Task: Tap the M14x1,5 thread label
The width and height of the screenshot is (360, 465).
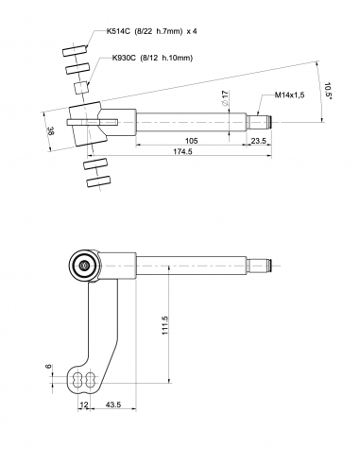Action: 289,95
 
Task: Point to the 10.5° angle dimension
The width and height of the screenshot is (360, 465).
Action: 328,91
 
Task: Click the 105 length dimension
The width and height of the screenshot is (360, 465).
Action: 191,141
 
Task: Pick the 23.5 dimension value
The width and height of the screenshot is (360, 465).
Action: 259,141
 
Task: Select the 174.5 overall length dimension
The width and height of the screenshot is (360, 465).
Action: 182,151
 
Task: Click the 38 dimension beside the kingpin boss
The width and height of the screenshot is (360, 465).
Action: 50,130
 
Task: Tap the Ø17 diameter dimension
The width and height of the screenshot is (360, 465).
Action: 224,98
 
